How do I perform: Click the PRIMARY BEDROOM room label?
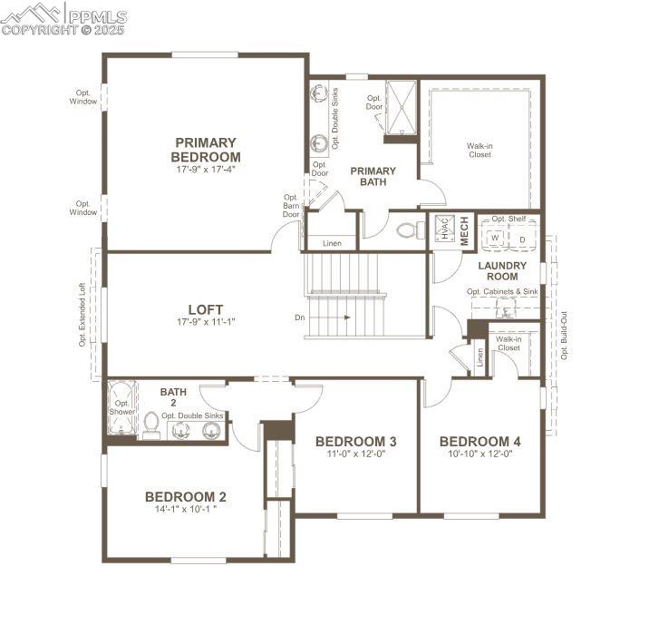(x=206, y=150)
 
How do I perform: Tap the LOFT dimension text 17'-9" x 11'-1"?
(x=206, y=322)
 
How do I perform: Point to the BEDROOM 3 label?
(x=356, y=442)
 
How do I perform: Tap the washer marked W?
(x=495, y=239)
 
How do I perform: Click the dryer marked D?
(x=521, y=239)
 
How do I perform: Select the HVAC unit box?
(x=444, y=229)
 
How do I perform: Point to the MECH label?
(x=463, y=229)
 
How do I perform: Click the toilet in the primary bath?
(x=411, y=229)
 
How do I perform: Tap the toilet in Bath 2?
(x=151, y=424)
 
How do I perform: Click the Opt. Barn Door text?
(x=291, y=206)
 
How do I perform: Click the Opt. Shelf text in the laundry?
(x=509, y=219)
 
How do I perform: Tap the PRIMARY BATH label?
(x=373, y=176)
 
